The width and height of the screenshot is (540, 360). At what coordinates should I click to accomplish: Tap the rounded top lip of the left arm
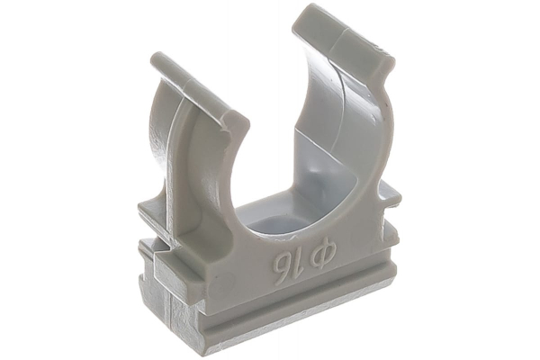coord(199,93)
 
